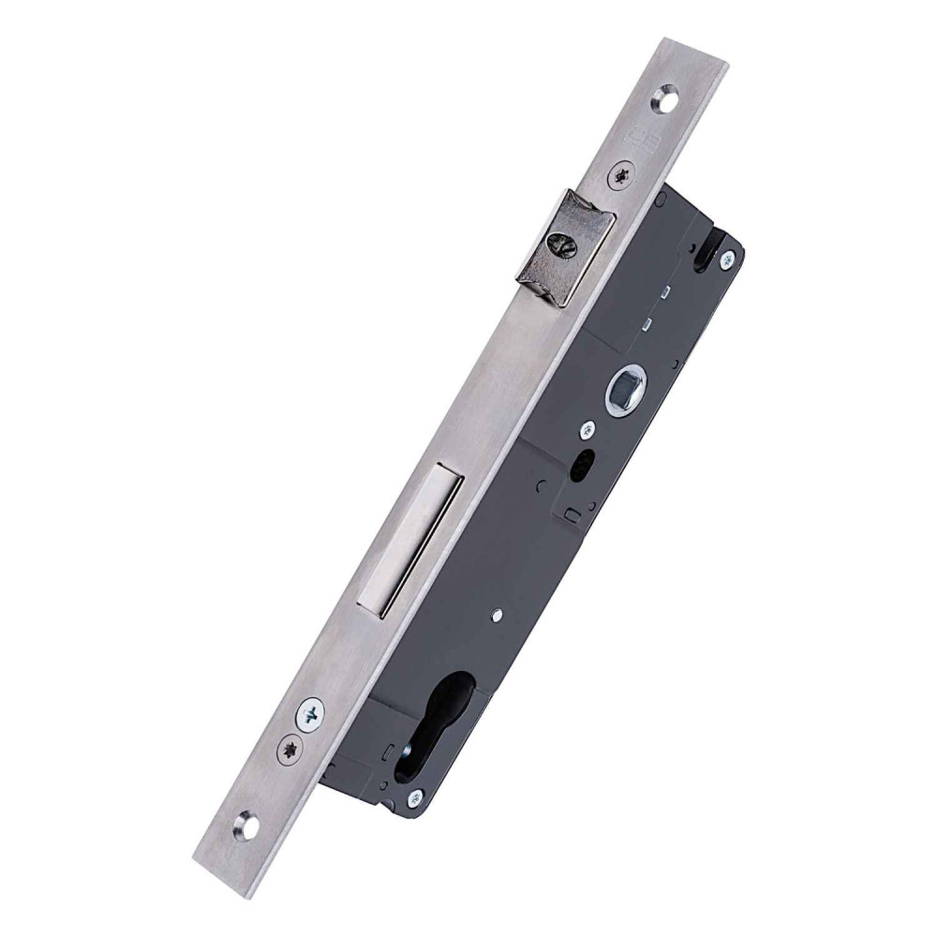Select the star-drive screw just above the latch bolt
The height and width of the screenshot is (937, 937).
click(622, 174)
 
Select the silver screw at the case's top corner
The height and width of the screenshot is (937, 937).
click(724, 264)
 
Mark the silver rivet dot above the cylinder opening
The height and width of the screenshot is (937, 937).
click(496, 615)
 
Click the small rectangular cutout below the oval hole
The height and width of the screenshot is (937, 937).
click(569, 513)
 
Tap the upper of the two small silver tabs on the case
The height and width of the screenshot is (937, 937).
click(662, 290)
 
